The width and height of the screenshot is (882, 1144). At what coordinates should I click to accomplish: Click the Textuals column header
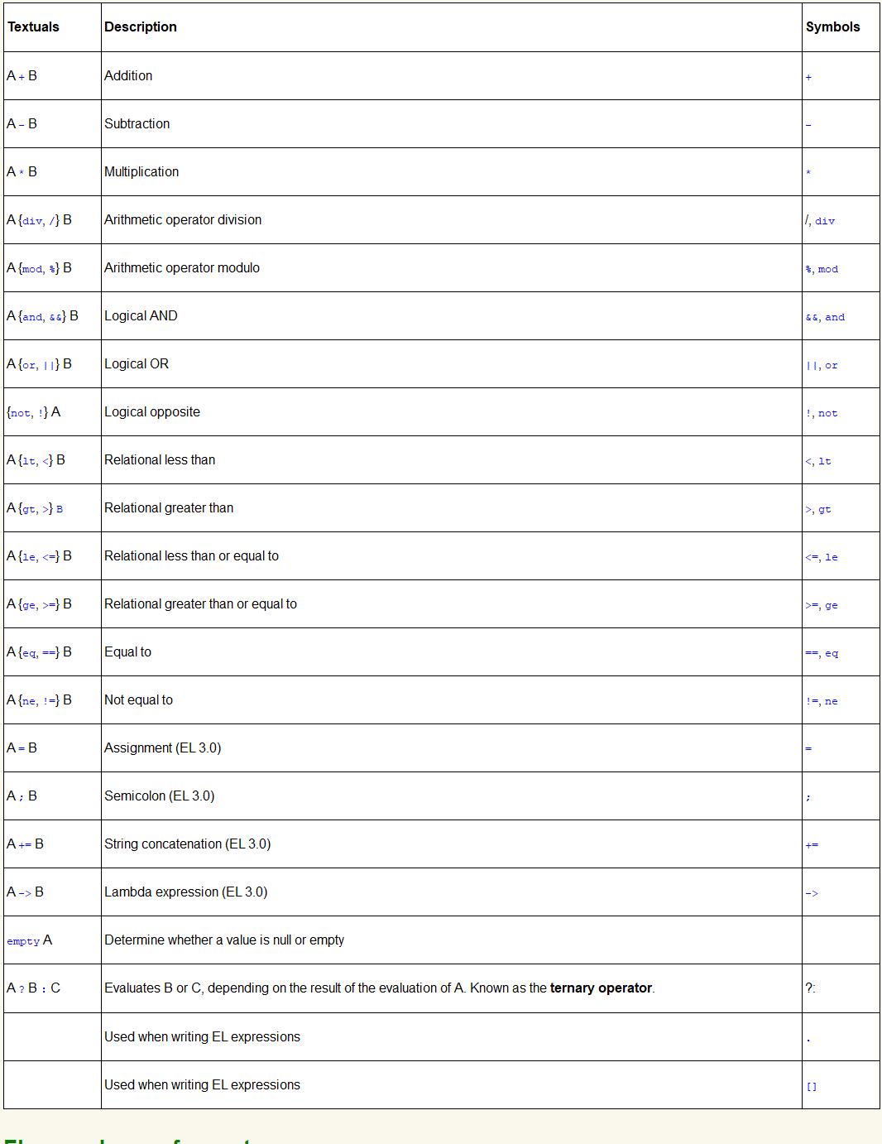click(33, 26)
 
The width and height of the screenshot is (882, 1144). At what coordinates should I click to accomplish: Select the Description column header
click(141, 26)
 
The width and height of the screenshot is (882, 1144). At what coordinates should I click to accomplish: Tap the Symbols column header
click(832, 26)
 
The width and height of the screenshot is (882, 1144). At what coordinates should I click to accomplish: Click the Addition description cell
click(128, 75)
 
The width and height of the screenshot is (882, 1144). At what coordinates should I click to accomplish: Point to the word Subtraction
click(137, 123)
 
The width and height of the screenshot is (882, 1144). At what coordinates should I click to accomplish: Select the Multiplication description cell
click(141, 171)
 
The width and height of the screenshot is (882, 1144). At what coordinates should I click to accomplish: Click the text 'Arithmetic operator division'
click(183, 219)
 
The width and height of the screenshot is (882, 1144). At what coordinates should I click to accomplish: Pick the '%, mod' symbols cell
click(822, 269)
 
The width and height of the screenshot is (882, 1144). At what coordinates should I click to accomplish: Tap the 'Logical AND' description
click(141, 315)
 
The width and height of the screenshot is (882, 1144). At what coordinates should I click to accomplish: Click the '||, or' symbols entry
click(822, 365)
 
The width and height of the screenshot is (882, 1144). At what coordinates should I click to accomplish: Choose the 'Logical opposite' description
click(152, 411)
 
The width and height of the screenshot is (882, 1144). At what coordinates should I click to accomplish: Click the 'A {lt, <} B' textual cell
click(36, 459)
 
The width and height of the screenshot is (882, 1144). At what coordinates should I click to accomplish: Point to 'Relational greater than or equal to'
click(200, 603)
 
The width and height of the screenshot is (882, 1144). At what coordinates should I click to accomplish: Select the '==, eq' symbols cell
click(822, 653)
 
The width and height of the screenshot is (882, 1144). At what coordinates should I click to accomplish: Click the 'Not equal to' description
click(138, 699)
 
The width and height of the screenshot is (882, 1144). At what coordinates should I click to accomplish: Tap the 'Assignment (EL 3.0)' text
click(162, 747)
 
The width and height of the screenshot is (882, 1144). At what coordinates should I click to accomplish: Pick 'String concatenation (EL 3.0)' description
click(187, 844)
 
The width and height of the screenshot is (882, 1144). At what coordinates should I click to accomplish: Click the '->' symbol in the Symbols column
click(812, 893)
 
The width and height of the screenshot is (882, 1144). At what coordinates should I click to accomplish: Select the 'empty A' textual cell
click(29, 940)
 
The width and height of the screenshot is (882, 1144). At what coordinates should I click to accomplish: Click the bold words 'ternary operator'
click(601, 988)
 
